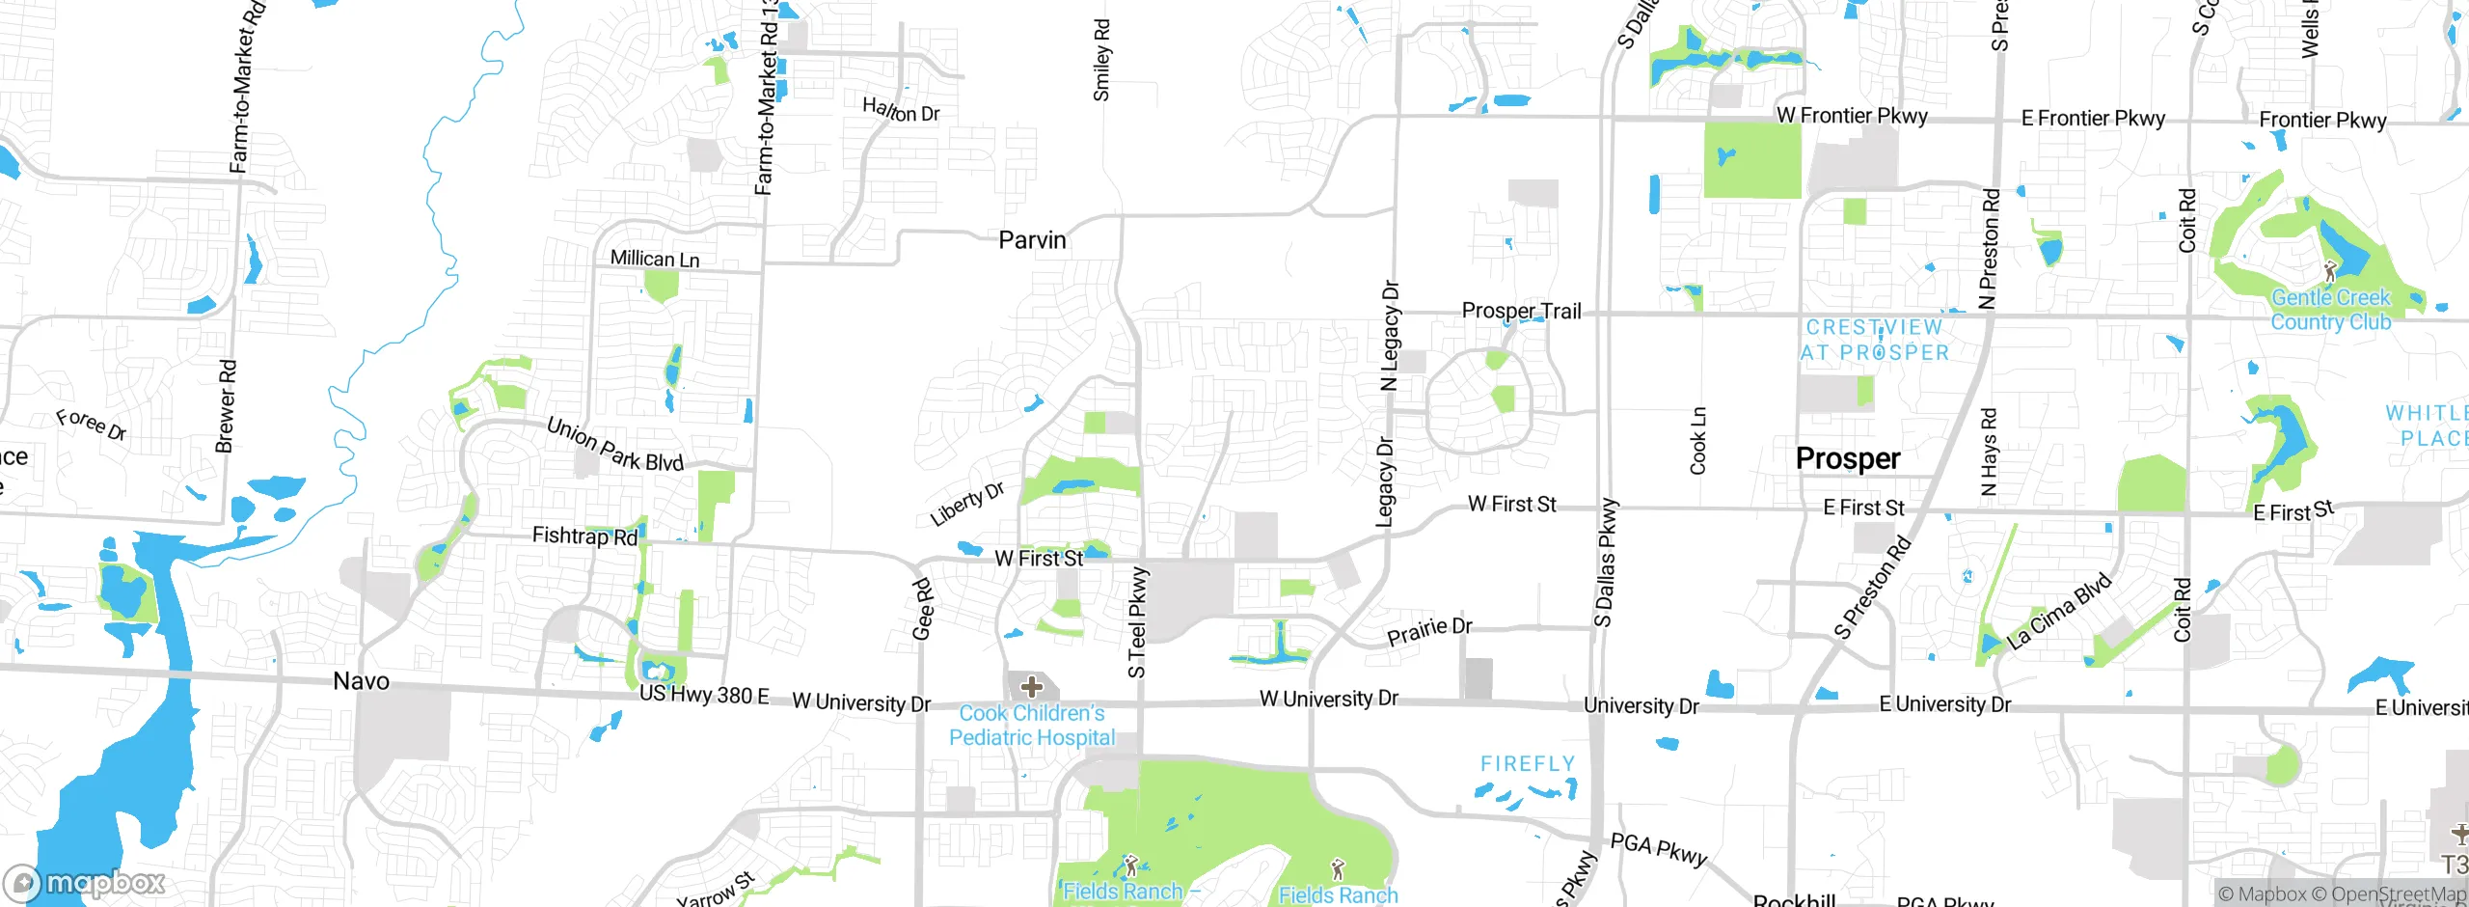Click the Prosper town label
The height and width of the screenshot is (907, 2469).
[x=1847, y=458]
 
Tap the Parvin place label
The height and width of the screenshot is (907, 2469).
[x=1032, y=240]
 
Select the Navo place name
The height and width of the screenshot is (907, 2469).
[x=361, y=681]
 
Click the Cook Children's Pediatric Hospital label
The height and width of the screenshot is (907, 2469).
[x=1032, y=726]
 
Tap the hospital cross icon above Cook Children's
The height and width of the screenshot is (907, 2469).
[x=1032, y=687]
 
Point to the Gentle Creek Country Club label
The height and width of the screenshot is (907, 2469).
[x=2330, y=310]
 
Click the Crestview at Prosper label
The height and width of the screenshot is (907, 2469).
[x=1874, y=341]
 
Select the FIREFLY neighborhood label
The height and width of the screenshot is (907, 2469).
[x=1528, y=764]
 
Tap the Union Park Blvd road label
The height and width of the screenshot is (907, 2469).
[x=614, y=445]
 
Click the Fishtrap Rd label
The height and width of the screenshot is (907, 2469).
[x=584, y=536]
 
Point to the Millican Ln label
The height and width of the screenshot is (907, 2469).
[x=655, y=259]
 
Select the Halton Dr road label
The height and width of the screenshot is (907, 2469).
[x=901, y=110]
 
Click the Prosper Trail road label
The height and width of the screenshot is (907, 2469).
[x=1521, y=311]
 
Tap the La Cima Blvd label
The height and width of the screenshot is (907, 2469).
[x=2059, y=611]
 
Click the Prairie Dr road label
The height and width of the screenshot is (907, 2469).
[x=1429, y=631]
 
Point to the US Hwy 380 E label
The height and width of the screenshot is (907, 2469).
[x=704, y=695]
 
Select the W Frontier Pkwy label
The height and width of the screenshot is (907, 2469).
[x=1852, y=116]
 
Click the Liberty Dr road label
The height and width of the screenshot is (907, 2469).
[x=966, y=504]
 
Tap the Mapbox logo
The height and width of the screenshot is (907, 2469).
[x=85, y=883]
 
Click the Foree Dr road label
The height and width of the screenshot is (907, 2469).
[x=91, y=424]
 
